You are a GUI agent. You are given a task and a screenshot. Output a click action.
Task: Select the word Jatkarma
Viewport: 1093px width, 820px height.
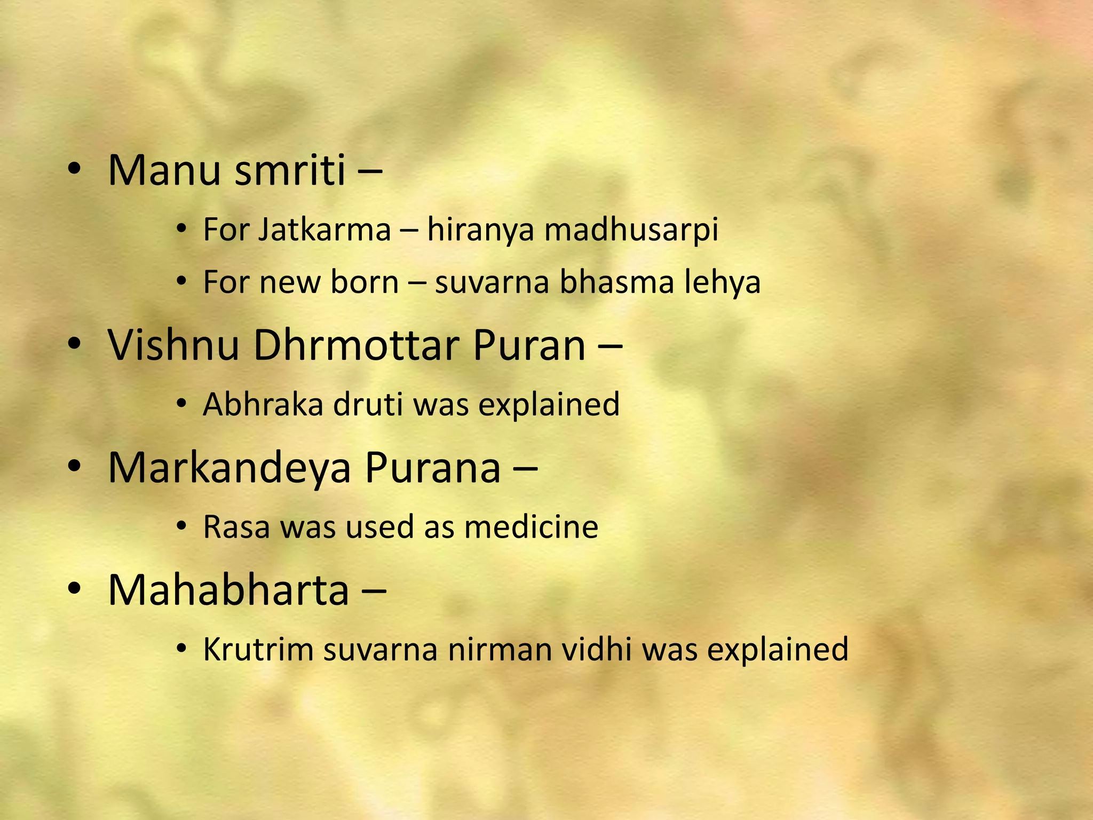pyautogui.click(x=324, y=230)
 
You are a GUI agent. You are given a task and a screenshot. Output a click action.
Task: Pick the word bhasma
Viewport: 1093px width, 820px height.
pyautogui.click(x=616, y=282)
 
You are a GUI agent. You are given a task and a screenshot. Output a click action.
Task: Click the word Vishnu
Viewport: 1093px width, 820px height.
pyautogui.click(x=173, y=345)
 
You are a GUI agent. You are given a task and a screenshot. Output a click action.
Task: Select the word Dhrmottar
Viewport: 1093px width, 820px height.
pyautogui.click(x=356, y=345)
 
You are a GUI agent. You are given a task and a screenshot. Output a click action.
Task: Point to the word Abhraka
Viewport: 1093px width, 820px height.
pyautogui.click(x=263, y=404)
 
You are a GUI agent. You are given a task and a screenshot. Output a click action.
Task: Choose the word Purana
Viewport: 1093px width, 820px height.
pyautogui.click(x=433, y=468)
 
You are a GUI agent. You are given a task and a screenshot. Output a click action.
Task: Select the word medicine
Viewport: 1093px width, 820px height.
pyautogui.click(x=531, y=527)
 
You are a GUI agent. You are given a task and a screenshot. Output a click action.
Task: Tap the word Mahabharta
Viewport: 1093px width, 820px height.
pyautogui.click(x=228, y=590)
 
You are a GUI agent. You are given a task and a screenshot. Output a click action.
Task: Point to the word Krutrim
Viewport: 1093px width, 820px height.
pyautogui.click(x=258, y=650)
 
